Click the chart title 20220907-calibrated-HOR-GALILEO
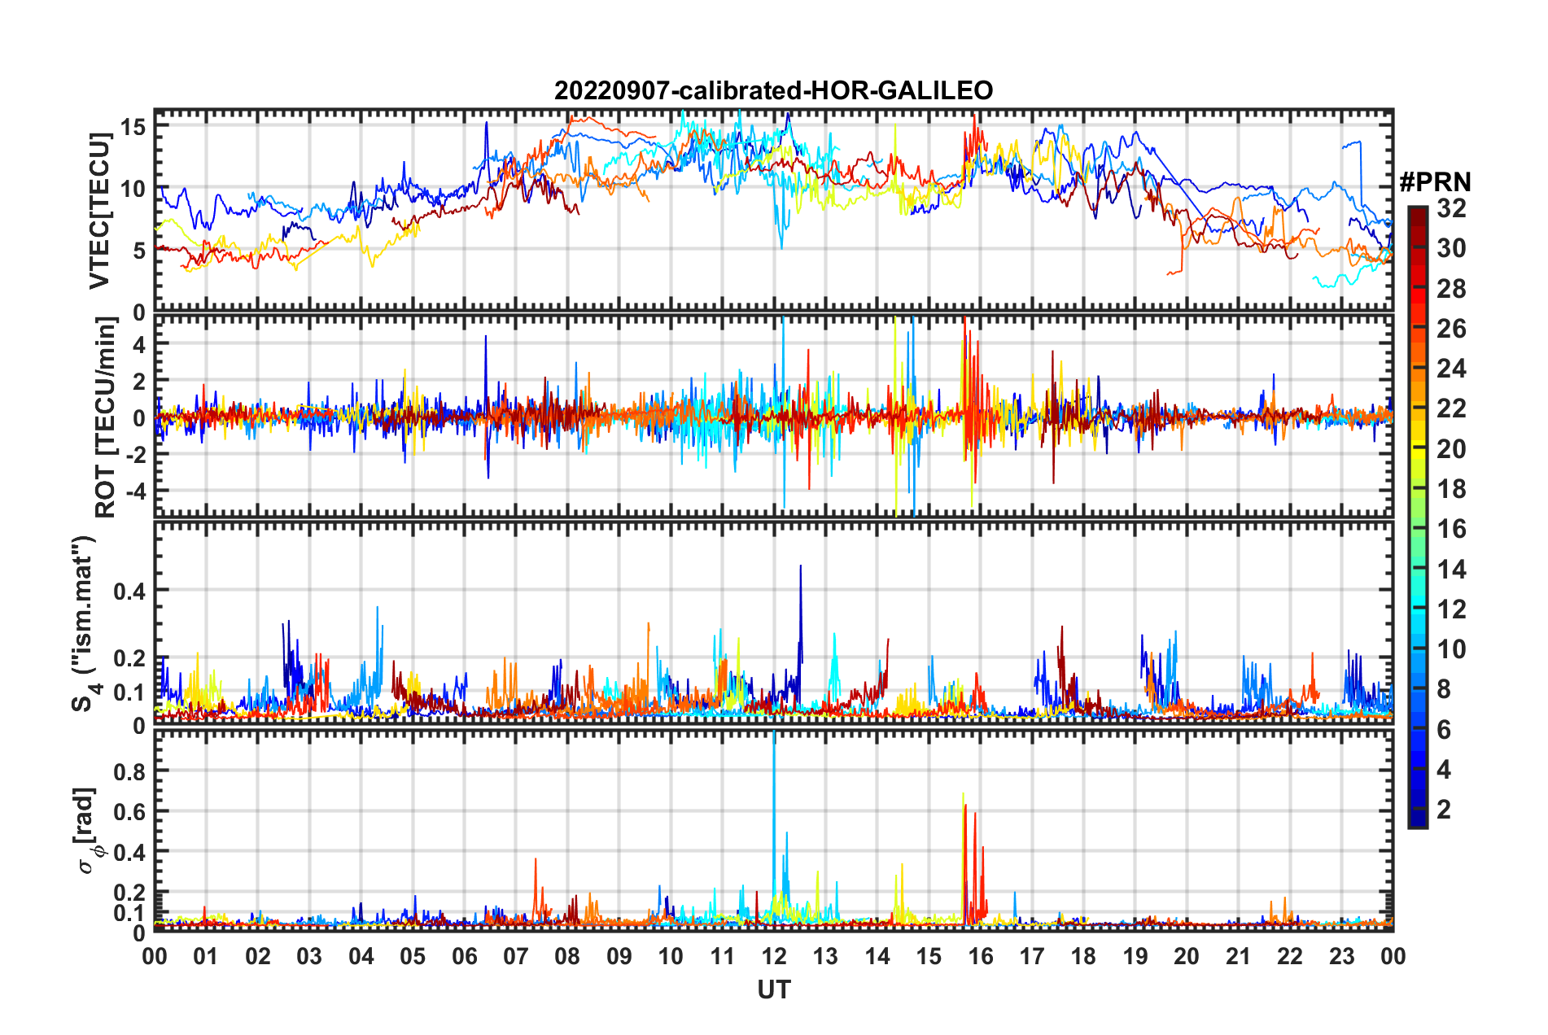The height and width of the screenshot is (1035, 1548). point(773,90)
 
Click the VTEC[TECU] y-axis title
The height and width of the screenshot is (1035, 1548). point(99,212)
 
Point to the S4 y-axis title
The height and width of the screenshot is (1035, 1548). point(84,624)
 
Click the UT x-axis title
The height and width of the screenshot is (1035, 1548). point(773,989)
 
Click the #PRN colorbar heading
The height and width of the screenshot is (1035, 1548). point(1435,182)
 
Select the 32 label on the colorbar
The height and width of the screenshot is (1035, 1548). point(1451,208)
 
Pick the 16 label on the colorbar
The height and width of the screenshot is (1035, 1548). point(1451,529)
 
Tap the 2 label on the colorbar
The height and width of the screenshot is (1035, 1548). point(1444,810)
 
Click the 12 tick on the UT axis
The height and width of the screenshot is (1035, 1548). point(774,956)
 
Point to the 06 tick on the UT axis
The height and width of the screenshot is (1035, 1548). point(465,956)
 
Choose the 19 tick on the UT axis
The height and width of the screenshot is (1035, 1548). point(1135,956)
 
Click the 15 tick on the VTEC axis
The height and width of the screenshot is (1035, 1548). point(133,127)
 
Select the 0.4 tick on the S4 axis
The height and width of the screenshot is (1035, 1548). point(129,591)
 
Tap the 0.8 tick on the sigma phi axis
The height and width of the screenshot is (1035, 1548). point(129,771)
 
